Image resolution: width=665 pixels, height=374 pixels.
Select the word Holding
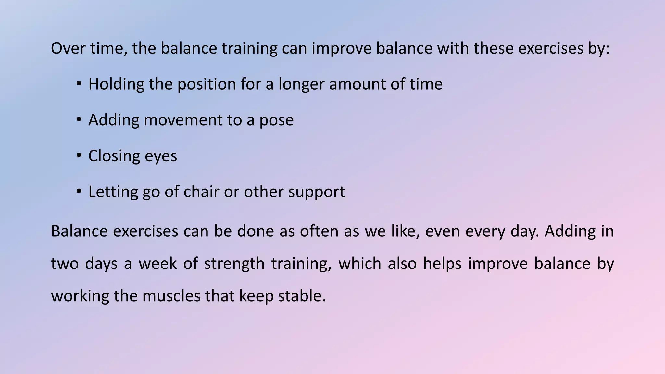pos(116,84)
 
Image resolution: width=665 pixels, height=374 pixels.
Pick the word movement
pos(183,120)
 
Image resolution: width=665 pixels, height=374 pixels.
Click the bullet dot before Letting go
pos(79,192)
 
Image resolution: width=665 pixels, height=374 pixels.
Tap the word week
pos(157,263)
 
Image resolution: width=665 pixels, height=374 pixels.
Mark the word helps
pos(442,263)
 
